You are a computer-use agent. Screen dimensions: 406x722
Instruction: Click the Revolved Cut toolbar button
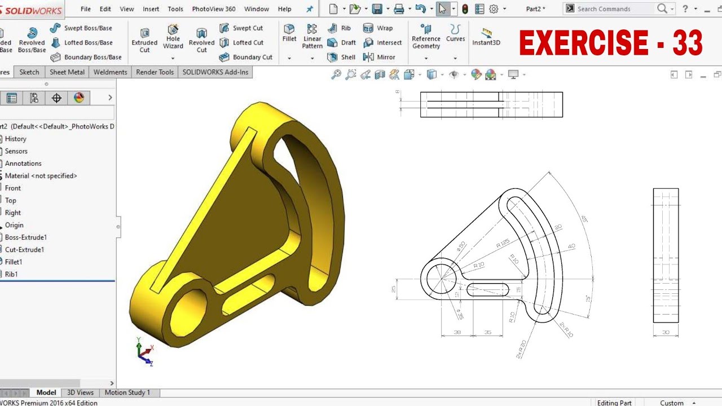(201, 39)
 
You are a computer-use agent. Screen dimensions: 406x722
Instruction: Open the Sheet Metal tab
(67, 72)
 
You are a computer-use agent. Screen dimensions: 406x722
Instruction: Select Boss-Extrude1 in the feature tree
(25, 237)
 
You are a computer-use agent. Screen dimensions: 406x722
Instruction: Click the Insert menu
(151, 9)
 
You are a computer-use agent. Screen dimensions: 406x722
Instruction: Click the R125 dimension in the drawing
(503, 244)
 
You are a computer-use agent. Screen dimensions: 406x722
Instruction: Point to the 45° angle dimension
(584, 219)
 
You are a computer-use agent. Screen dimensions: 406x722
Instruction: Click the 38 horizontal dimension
(457, 333)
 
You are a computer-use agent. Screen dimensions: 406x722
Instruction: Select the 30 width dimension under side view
(666, 333)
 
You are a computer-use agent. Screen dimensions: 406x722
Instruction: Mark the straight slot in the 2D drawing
(488, 290)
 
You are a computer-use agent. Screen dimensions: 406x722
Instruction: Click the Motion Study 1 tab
(127, 392)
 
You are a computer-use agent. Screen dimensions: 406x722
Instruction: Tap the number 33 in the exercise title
(687, 43)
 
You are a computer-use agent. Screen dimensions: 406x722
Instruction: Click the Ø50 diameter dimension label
(461, 246)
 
